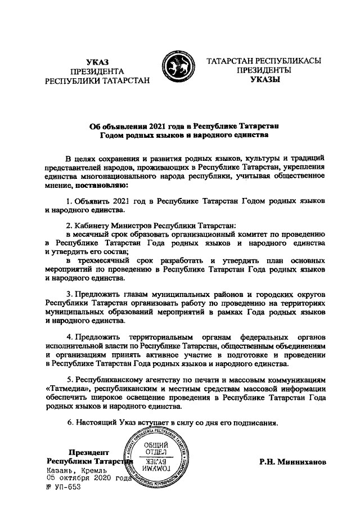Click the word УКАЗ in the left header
[x=97, y=61]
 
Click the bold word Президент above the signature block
[x=88, y=452]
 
